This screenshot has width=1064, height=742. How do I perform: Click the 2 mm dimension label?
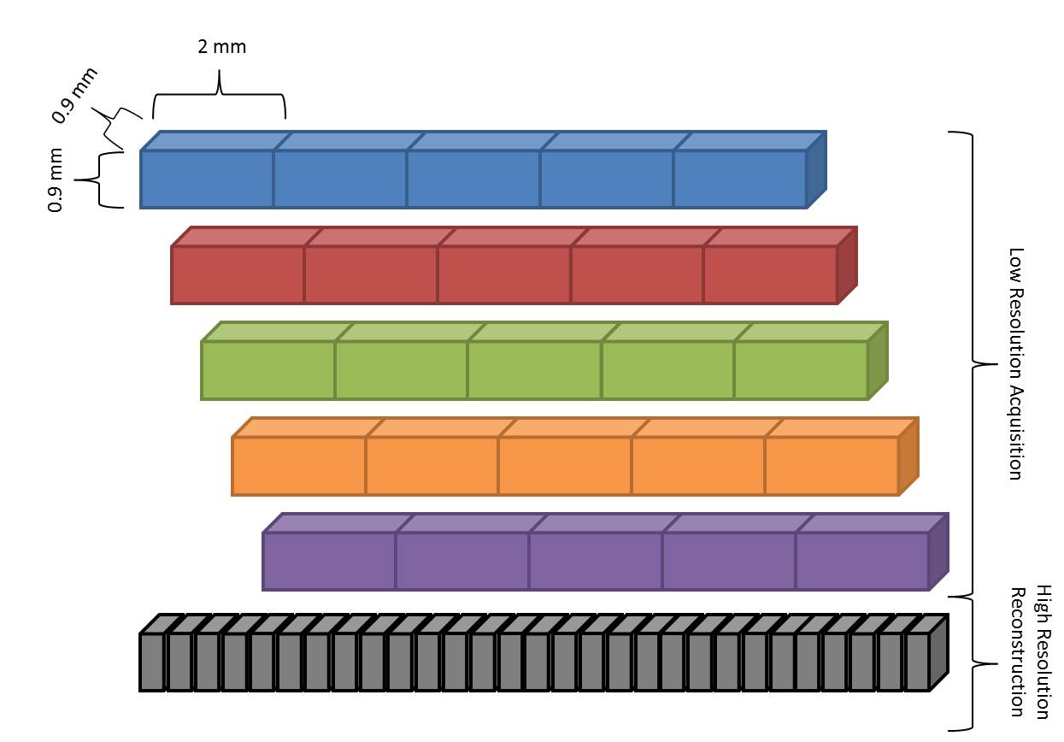click(x=221, y=46)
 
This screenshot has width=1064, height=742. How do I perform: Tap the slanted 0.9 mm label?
click(x=73, y=94)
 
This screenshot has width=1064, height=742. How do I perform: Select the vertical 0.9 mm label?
click(x=56, y=180)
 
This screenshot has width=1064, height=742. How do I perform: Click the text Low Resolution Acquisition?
click(x=1015, y=363)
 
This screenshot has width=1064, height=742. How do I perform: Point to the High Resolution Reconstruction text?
click(x=1029, y=651)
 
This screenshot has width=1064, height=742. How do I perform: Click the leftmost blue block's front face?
click(x=207, y=179)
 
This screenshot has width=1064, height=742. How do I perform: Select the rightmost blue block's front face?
click(x=740, y=179)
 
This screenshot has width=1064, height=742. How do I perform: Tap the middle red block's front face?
click(x=504, y=274)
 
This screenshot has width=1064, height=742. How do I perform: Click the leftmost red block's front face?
click(x=238, y=274)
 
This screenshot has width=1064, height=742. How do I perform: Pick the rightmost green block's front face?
click(x=801, y=370)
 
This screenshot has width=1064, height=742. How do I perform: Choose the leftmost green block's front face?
click(x=268, y=370)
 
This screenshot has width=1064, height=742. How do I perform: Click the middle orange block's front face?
click(x=565, y=466)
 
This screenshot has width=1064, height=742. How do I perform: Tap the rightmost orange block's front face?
click(x=832, y=466)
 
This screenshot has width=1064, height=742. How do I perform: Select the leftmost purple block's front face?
click(x=329, y=562)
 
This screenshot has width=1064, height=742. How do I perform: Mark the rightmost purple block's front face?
click(x=862, y=562)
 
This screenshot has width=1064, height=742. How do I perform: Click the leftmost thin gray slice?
click(x=152, y=662)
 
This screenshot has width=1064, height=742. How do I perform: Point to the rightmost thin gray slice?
click(x=917, y=662)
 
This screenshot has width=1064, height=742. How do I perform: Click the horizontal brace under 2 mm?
click(x=220, y=96)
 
